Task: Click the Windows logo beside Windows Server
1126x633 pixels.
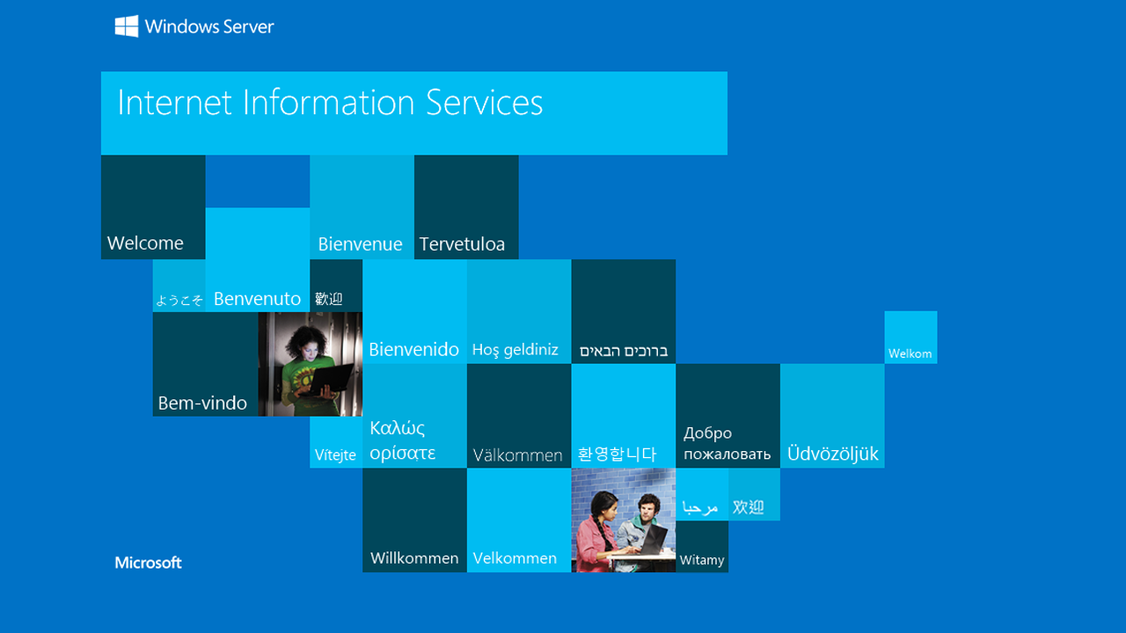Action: pos(127,26)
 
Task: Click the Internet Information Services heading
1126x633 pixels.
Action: pos(330,103)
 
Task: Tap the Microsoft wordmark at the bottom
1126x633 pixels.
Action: pos(148,563)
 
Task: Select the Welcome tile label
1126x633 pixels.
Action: pos(145,244)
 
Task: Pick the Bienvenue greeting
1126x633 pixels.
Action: pos(360,244)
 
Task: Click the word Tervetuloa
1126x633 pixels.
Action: pos(462,244)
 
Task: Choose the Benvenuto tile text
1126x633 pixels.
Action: pos(257,299)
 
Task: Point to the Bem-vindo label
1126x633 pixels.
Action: pos(202,404)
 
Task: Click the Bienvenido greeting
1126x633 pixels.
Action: pos(413,350)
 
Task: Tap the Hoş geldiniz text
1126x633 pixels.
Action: pos(515,350)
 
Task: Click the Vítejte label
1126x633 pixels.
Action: pos(335,455)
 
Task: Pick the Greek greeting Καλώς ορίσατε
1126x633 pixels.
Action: pos(403,440)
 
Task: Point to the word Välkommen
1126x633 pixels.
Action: pos(517,455)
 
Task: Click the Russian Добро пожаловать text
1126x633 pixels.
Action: pos(727,444)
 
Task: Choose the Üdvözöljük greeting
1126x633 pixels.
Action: pos(832,455)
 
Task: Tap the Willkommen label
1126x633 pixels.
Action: pos(414,558)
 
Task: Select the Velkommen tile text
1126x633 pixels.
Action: pos(515,558)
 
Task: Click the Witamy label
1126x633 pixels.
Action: pos(702,560)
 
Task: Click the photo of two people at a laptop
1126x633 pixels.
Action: pos(623,520)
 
